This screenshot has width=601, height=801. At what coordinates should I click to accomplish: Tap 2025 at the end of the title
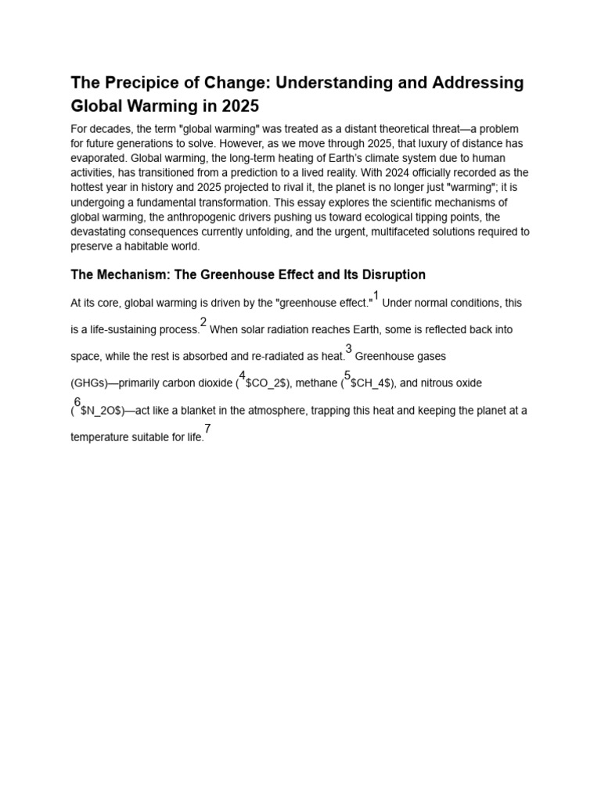[236, 105]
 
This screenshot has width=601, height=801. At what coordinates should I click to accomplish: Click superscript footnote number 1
[376, 296]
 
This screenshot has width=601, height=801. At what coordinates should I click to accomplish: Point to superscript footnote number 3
[349, 349]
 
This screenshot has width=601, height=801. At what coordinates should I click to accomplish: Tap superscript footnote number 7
[207, 429]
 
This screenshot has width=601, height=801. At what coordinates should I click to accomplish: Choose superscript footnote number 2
[203, 322]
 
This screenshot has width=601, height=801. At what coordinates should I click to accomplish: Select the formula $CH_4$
[372, 383]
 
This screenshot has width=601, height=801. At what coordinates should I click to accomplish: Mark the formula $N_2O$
[101, 411]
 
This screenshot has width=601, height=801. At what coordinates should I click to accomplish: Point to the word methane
[316, 383]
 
